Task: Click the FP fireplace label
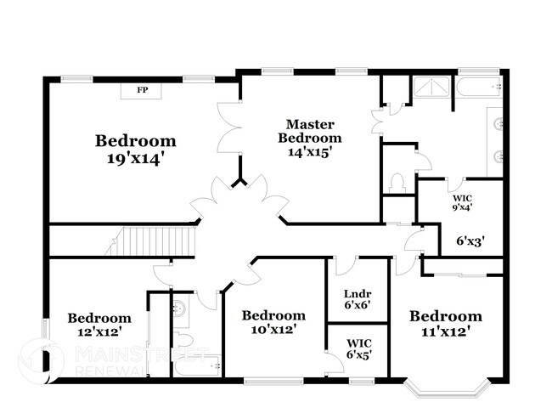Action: [144, 88]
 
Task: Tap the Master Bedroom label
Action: [313, 131]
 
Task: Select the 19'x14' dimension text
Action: [136, 157]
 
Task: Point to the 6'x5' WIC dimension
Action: [358, 354]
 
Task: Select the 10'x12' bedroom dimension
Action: [273, 330]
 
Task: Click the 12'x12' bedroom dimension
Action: [99, 332]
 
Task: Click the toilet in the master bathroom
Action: [396, 183]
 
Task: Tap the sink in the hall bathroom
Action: [180, 309]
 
